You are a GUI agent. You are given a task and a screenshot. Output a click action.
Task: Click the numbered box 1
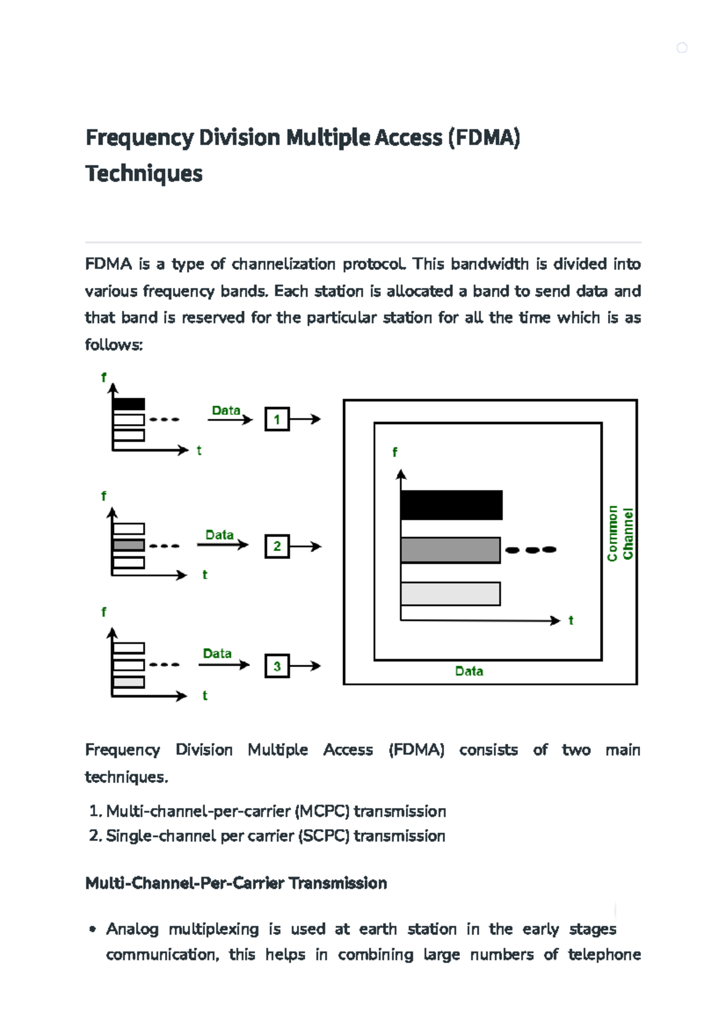click(277, 419)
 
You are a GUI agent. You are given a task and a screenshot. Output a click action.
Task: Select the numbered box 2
click(277, 546)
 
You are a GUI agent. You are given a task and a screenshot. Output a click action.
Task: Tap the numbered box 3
click(277, 666)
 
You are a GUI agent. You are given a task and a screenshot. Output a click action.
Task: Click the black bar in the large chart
click(451, 505)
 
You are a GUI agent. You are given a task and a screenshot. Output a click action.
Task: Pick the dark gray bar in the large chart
click(450, 550)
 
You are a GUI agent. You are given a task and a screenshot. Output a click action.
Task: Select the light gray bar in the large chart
click(450, 593)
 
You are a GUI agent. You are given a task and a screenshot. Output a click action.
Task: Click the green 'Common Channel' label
click(620, 533)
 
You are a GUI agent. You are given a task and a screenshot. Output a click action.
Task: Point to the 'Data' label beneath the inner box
click(469, 671)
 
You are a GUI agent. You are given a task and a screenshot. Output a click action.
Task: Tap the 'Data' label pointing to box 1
click(226, 410)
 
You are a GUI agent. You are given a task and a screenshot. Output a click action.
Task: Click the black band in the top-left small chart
click(129, 404)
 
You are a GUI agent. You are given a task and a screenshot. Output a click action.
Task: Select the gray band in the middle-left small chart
click(129, 545)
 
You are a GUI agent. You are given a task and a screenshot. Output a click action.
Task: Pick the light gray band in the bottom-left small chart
click(129, 682)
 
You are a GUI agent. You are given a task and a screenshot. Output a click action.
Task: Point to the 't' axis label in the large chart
click(571, 621)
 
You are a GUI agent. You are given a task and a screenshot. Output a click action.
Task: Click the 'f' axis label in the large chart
click(394, 452)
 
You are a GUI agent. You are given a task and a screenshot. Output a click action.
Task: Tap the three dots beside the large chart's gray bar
click(531, 550)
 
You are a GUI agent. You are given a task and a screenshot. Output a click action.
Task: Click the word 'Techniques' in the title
click(144, 174)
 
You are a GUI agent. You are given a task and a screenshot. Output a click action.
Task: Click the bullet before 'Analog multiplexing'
click(93, 929)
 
